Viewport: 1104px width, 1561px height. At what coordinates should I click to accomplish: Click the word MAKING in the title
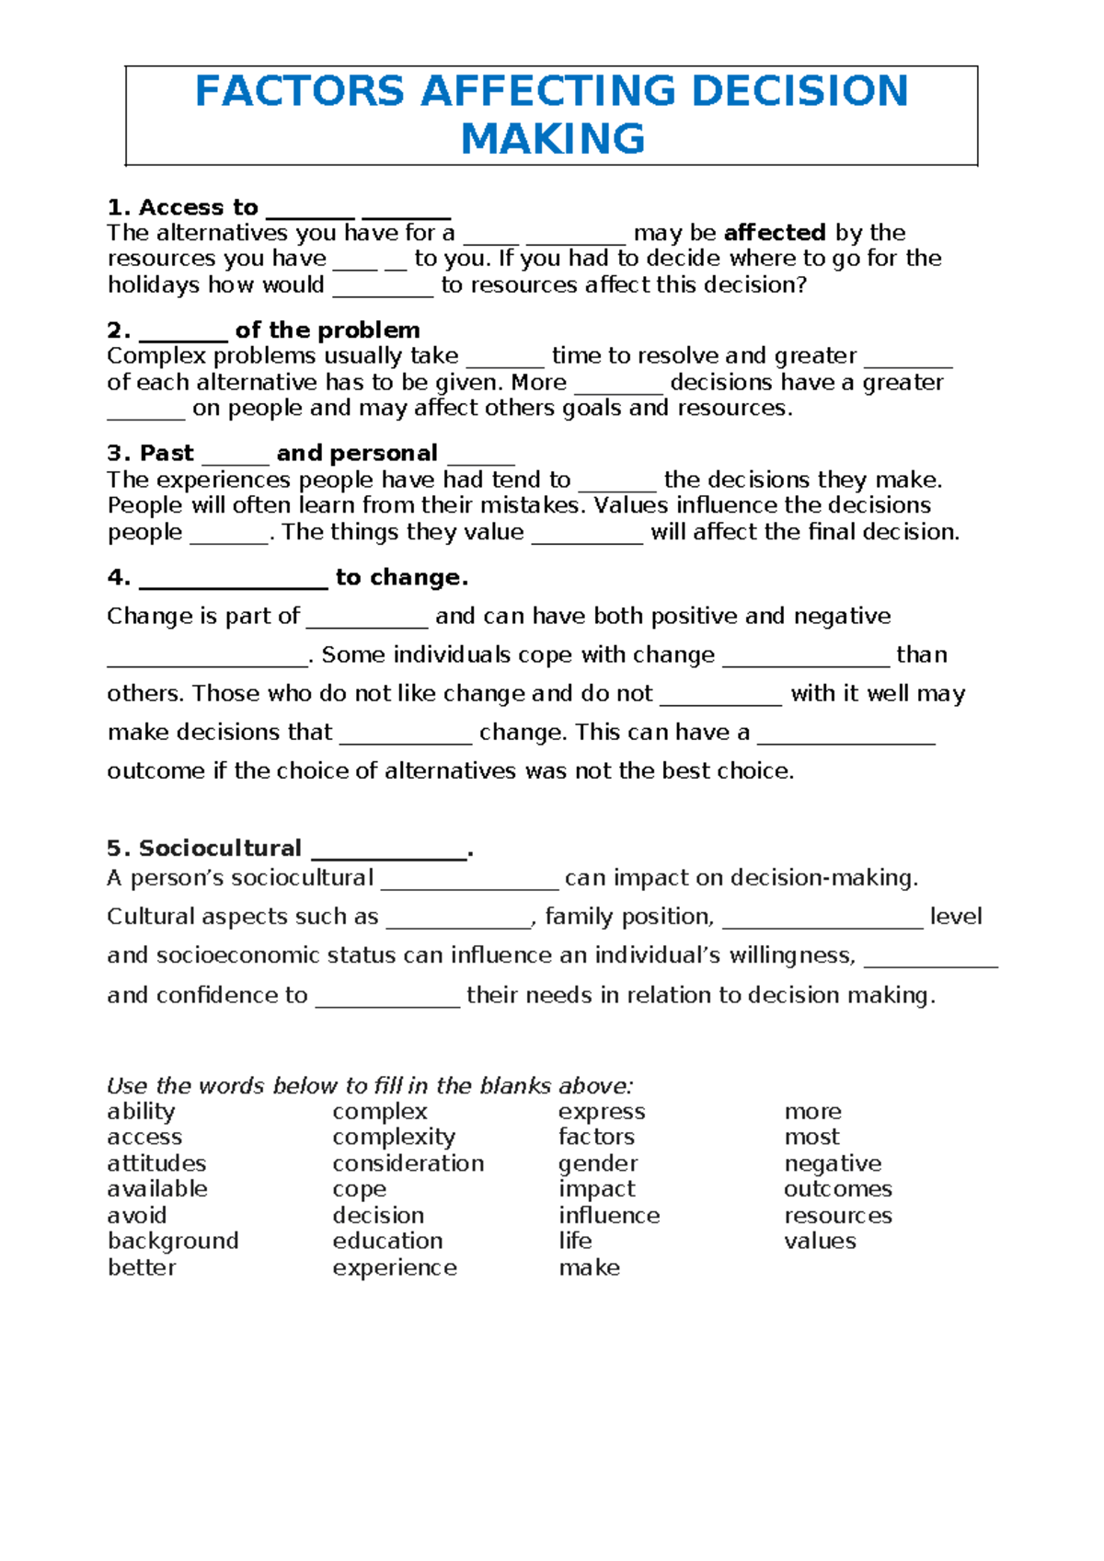(x=552, y=139)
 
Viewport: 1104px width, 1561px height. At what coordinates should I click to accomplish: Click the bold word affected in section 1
(x=775, y=233)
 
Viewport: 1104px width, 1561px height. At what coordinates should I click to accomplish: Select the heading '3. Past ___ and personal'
(x=272, y=454)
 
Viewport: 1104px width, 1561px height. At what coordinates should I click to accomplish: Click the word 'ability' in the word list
(x=141, y=1112)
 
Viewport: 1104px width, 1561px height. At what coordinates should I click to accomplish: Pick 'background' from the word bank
(x=173, y=1242)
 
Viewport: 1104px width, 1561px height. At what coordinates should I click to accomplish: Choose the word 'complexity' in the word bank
(x=394, y=1138)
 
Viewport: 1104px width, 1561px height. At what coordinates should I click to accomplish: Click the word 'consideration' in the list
(x=408, y=1163)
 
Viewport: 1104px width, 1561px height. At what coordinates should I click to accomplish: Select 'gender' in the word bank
(x=598, y=1164)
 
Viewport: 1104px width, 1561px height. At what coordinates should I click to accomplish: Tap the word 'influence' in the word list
(x=609, y=1216)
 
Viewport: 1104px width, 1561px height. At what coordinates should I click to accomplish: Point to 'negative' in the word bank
(x=833, y=1164)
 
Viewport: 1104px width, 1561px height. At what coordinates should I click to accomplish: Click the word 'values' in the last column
(x=820, y=1242)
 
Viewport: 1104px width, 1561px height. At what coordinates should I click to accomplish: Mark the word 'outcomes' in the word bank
(x=837, y=1189)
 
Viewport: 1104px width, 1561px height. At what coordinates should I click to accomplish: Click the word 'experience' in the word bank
(x=395, y=1268)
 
